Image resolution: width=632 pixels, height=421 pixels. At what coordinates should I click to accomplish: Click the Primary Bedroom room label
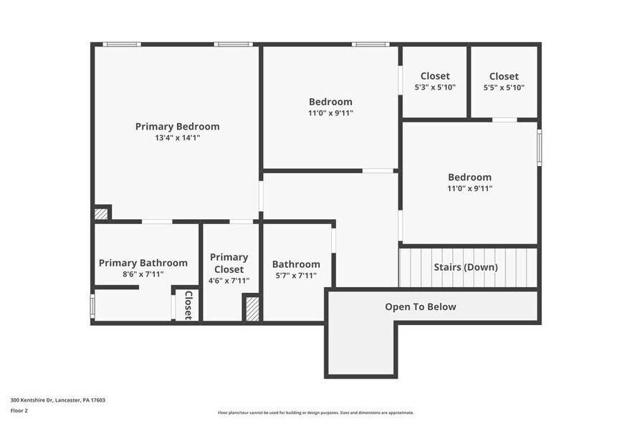point(177,127)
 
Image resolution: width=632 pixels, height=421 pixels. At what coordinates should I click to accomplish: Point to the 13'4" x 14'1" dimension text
point(177,137)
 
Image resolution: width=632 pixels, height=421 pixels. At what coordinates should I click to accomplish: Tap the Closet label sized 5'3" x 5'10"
point(435,77)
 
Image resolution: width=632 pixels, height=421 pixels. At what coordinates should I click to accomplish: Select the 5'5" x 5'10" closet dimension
point(504,87)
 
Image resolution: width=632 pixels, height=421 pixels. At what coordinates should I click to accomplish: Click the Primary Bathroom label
point(143,263)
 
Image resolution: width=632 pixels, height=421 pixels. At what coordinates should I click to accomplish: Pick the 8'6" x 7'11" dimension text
point(143,274)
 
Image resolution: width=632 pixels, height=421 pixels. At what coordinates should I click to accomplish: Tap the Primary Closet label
point(229,263)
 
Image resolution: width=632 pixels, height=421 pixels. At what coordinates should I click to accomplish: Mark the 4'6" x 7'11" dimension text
point(229,281)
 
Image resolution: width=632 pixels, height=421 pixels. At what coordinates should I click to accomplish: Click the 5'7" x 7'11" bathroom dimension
point(296,276)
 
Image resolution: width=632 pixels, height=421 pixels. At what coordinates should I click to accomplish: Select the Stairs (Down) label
point(466,267)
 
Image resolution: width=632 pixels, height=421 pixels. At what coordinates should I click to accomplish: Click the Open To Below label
point(421,307)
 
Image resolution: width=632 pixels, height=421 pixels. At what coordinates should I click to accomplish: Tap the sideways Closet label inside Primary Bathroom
point(188,305)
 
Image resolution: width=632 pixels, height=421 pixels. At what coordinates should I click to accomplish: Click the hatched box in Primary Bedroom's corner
point(102,213)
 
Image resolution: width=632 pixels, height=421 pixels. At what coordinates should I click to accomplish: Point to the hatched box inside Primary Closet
point(252,309)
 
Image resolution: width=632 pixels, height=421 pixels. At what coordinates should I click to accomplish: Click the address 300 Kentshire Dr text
point(57,400)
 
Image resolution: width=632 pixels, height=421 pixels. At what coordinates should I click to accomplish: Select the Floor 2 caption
point(19,410)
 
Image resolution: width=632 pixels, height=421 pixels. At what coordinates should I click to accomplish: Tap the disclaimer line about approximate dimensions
point(316,412)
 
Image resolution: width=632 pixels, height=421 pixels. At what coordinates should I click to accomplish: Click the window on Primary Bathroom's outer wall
point(92,306)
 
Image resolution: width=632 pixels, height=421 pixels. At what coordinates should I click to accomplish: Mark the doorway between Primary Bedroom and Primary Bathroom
point(157,222)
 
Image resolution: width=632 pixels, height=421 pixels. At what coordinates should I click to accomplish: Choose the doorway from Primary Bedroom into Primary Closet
point(241,222)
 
